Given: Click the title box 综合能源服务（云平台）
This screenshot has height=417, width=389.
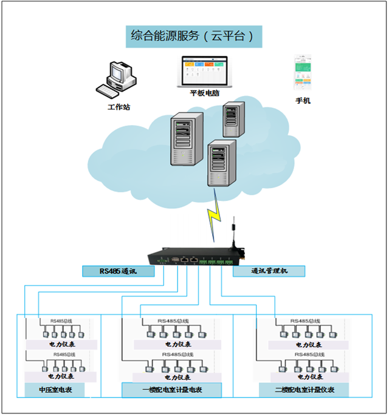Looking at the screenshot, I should pyautogui.click(x=193, y=36).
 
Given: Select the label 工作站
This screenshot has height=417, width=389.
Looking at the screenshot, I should pyautogui.click(x=119, y=107).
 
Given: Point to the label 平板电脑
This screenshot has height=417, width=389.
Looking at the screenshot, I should pyautogui.click(x=205, y=93).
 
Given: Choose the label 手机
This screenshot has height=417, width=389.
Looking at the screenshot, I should pyautogui.click(x=303, y=101).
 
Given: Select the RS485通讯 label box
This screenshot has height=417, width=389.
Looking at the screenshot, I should pyautogui.click(x=119, y=271).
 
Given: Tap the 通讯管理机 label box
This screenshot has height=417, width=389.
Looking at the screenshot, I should pyautogui.click(x=269, y=271).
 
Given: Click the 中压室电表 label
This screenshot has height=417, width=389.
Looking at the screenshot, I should pyautogui.click(x=55, y=390).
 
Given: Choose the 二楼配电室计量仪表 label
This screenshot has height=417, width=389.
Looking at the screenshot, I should pyautogui.click(x=304, y=390).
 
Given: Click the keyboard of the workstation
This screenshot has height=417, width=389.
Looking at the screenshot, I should pyautogui.click(x=108, y=90).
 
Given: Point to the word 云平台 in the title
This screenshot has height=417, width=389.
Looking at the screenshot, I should pyautogui.click(x=231, y=36).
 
